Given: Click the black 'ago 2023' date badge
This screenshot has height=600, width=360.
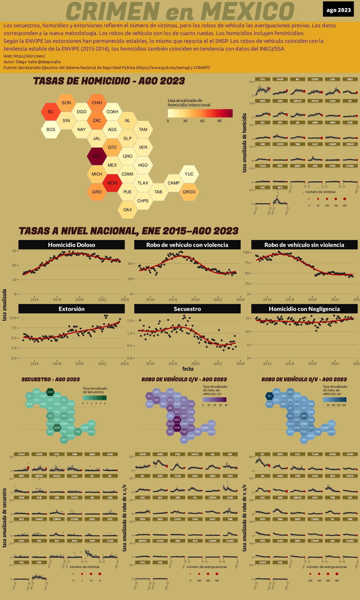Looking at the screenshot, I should pyautogui.click(x=338, y=10).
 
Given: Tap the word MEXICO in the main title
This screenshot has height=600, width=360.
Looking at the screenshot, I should pyautogui.click(x=247, y=11).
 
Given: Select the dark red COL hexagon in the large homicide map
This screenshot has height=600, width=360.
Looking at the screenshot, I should pyautogui.click(x=97, y=156).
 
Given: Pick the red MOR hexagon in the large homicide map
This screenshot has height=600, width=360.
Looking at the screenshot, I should pyautogui.click(x=112, y=183).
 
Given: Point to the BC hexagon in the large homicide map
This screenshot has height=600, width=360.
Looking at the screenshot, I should pyautogui.click(x=51, y=112).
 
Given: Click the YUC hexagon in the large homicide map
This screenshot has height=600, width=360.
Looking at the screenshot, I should pyautogui.click(x=189, y=174).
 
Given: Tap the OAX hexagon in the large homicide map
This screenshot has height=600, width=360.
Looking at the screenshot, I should pyautogui.click(x=127, y=210).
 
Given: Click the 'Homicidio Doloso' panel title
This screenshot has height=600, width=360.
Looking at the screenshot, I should pyautogui.click(x=71, y=245).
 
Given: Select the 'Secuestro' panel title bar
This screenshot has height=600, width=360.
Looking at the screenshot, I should pyautogui.click(x=187, y=309).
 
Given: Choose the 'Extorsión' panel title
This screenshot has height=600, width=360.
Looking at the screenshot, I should pyautogui.click(x=71, y=309).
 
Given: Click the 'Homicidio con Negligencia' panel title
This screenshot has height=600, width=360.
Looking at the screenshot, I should pyautogui.click(x=304, y=309).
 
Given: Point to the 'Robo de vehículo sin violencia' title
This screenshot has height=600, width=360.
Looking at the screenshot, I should pyautogui.click(x=304, y=245).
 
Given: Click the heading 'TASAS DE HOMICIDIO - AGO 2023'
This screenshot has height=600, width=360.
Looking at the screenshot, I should pyautogui.click(x=109, y=81).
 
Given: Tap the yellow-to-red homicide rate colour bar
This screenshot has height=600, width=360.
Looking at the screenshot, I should pyautogui.click(x=200, y=113).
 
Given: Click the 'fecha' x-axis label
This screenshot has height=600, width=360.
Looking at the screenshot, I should pyautogui.click(x=188, y=369).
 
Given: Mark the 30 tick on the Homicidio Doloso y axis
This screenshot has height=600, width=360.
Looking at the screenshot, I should pyautogui.click(x=14, y=251).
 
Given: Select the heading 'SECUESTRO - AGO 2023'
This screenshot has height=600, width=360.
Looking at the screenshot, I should pyautogui.click(x=51, y=379).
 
